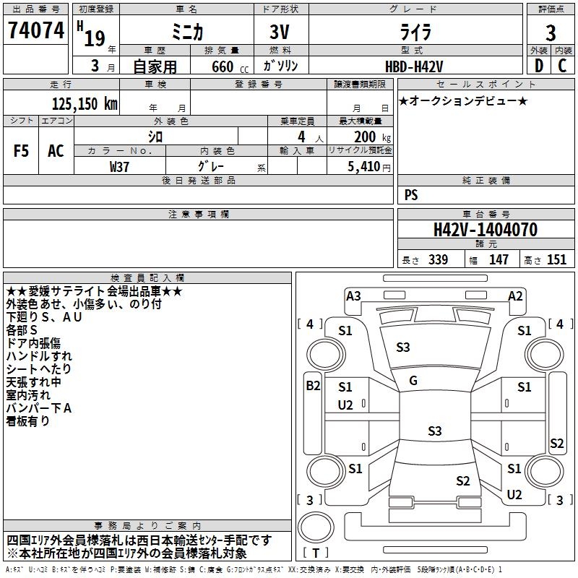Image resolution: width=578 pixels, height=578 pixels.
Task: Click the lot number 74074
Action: pos(36,30)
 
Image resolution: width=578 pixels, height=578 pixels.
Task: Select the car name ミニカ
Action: pos(187,32)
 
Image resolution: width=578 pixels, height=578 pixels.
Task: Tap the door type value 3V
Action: pos(280,32)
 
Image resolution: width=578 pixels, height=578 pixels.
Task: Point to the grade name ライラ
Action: pos(415,32)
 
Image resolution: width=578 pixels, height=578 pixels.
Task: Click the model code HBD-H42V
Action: pos(414,66)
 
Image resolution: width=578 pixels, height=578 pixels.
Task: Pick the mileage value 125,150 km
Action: pos(85,103)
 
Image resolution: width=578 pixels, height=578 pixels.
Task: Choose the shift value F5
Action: pos(21,151)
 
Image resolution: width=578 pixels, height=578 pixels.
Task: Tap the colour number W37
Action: pos(119,167)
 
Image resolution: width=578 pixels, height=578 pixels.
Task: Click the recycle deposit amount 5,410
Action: pos(364,167)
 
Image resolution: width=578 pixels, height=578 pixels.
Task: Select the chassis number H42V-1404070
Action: pos(486,230)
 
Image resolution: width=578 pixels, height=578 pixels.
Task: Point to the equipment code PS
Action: pos(411,194)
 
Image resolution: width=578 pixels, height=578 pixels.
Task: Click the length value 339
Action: pos(439,259)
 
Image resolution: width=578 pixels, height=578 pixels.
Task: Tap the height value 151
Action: pos(556,259)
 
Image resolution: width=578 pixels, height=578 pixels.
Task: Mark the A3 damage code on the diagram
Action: pos(353,296)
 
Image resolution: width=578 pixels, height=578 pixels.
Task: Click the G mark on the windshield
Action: pos(413,381)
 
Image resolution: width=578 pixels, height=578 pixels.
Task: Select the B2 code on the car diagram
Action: pos(313,386)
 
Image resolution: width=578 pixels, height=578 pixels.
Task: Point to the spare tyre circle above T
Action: pos(316,527)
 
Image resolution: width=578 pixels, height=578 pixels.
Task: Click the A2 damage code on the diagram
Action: pos(515,296)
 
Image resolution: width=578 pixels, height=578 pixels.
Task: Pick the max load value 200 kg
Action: pos(372,137)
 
